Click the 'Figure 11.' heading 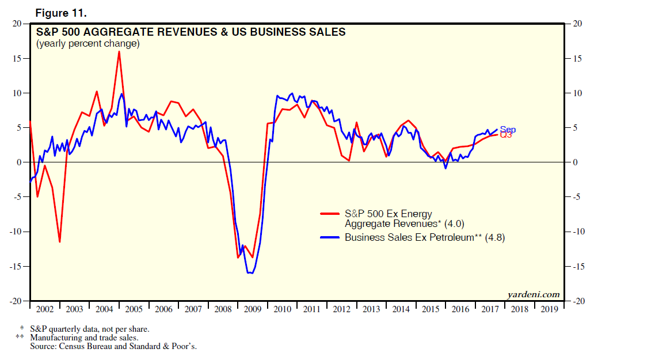point(60,12)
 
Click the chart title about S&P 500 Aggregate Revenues point(191,32)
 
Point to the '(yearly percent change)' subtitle point(87,44)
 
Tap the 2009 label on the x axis point(253,309)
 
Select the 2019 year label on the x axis point(548,309)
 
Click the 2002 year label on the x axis point(44,309)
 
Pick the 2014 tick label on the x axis point(401,309)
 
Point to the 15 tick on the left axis point(17,59)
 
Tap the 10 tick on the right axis point(576,93)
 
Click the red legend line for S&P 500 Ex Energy point(330,214)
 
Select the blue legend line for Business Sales point(330,237)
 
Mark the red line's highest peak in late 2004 point(119,52)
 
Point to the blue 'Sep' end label point(508,130)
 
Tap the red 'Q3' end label point(505,135)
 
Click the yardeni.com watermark point(534,294)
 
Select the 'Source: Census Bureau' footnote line point(113,347)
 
